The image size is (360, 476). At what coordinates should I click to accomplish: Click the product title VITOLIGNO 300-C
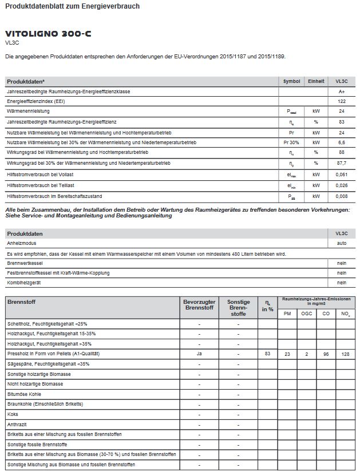[x=48, y=34]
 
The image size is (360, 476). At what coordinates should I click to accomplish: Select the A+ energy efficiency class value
[x=342, y=91]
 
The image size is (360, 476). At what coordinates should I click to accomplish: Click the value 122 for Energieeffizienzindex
[x=342, y=101]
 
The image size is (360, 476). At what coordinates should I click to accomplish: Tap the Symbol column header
[x=291, y=81]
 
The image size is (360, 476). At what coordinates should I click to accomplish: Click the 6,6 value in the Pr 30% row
[x=342, y=142]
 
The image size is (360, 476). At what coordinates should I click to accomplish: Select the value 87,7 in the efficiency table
[x=342, y=163]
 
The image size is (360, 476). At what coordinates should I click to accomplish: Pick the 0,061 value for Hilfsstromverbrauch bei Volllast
[x=342, y=174]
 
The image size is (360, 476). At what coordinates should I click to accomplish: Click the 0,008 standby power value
[x=342, y=196]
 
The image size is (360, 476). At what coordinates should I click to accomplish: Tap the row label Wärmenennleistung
[x=28, y=111]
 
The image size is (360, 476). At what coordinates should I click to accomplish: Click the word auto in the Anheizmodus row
[x=342, y=243]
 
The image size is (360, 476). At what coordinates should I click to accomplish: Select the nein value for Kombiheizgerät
[x=342, y=283]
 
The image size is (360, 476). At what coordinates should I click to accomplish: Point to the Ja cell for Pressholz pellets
[x=199, y=354]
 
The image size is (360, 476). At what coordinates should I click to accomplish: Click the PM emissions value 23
[x=287, y=355]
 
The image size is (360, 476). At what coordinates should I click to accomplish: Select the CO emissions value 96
[x=326, y=355]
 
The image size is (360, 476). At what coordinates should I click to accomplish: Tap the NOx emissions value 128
[x=345, y=355]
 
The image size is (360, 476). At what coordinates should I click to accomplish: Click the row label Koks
[x=13, y=414]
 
